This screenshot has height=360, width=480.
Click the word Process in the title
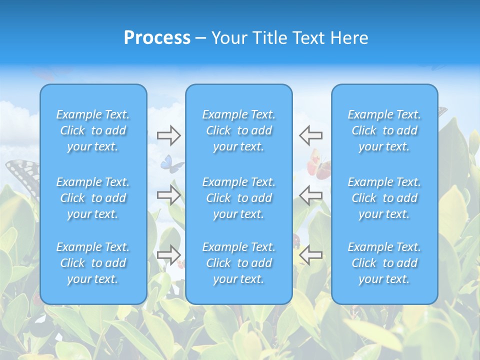[x=157, y=38]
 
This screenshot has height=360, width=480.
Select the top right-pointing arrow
[x=168, y=135]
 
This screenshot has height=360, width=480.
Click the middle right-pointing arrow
[x=168, y=195]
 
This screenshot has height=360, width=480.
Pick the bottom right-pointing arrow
[x=168, y=255]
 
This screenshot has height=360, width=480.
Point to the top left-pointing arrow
[x=310, y=135]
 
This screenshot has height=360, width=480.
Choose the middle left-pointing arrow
[x=310, y=195]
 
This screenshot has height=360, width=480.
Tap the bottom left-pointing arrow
[x=310, y=255]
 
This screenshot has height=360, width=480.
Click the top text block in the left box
[x=93, y=130]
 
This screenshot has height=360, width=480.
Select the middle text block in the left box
[x=93, y=198]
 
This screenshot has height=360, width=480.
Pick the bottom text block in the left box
[x=93, y=263]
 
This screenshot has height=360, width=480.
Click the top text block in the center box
[x=238, y=130]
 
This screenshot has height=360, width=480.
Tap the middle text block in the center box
[x=238, y=198]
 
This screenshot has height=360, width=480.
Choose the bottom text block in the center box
[x=238, y=263]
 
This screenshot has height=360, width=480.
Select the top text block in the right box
[x=384, y=130]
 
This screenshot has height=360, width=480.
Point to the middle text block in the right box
[x=384, y=198]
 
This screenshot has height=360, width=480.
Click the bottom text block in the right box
[x=384, y=263]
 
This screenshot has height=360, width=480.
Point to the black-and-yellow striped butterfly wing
[x=22, y=173]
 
